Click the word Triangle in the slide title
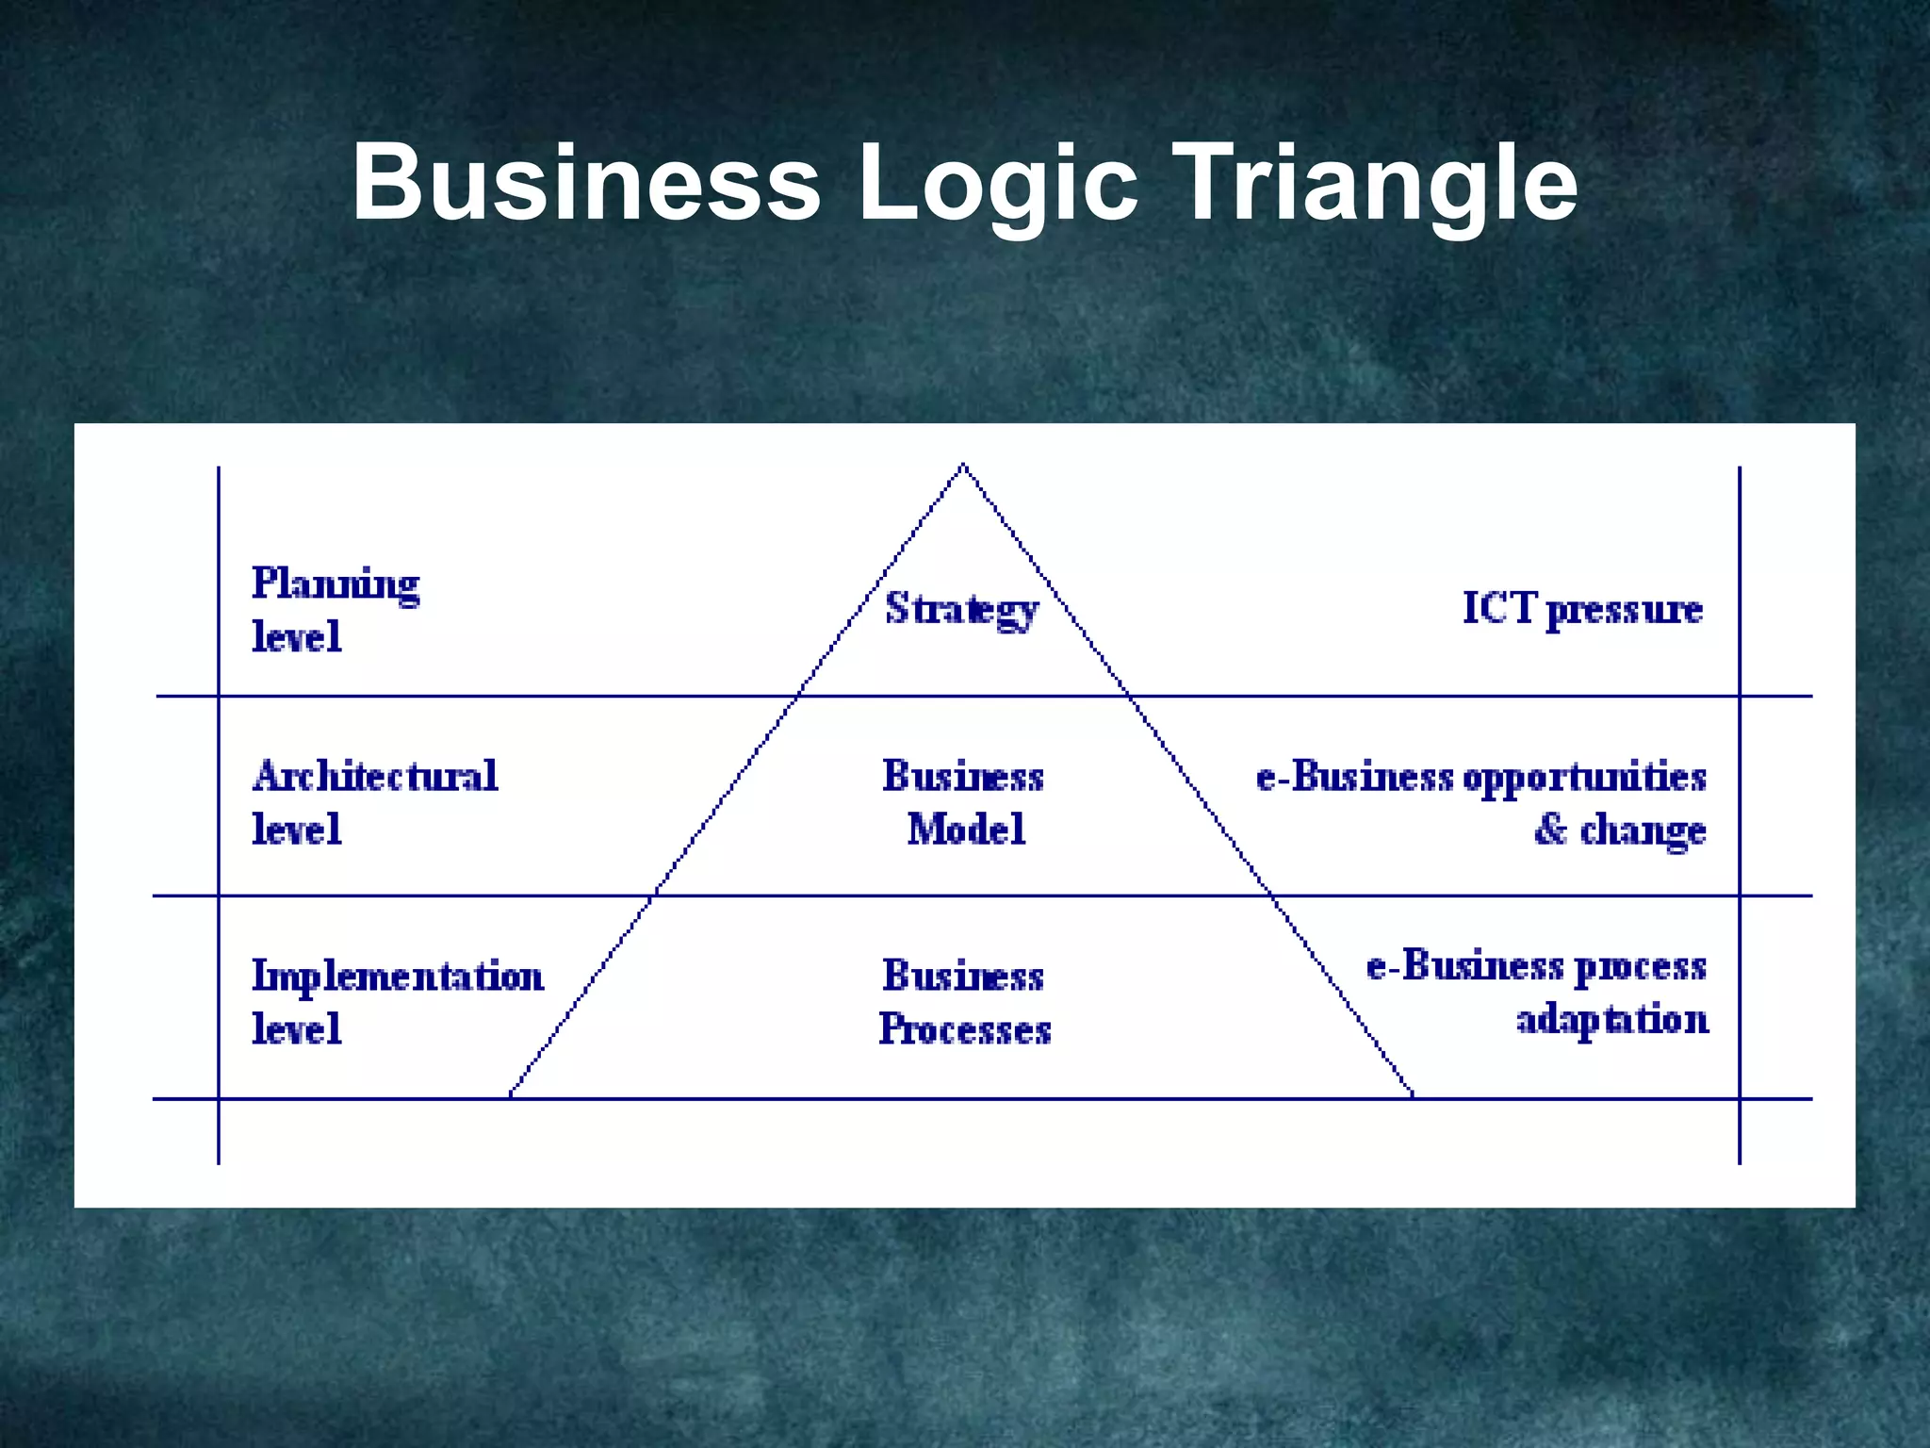point(1378,183)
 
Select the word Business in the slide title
point(586,183)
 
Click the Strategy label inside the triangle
point(961,609)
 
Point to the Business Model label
point(963,803)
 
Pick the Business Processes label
point(964,1002)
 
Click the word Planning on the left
point(335,584)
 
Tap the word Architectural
point(375,777)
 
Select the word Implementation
point(398,977)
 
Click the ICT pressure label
point(1582,609)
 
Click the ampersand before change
point(1550,830)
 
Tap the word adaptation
point(1611,1020)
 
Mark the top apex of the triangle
point(962,465)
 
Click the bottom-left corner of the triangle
point(511,1096)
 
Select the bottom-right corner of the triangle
point(1413,1096)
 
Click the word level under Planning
point(296,637)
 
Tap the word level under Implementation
point(296,1028)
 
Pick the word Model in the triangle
point(966,830)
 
